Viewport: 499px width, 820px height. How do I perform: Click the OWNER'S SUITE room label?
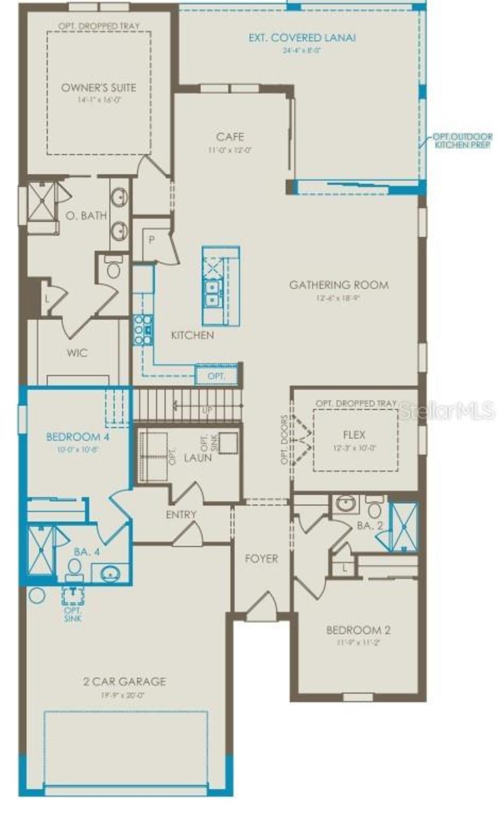pos(99,88)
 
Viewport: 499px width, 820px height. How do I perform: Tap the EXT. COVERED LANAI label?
pos(302,38)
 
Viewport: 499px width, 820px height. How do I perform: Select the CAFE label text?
pos(230,137)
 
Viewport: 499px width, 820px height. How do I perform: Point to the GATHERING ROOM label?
pos(339,285)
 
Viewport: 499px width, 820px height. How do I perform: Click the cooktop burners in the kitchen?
pos(142,330)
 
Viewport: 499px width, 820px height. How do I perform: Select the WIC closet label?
pos(77,353)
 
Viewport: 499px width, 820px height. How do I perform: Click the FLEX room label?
pos(354,435)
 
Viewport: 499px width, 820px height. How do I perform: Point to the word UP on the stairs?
pos(207,410)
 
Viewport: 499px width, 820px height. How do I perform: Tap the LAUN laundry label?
pos(198,458)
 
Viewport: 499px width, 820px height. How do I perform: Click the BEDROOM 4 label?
pos(78,437)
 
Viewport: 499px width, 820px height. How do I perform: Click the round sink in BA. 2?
pos(345,504)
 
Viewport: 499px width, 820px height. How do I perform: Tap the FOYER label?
pos(261,559)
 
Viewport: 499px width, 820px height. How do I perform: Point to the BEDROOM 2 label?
pos(358,630)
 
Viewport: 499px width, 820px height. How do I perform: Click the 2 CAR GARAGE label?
pos(124,682)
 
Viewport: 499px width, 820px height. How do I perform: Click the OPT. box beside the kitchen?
pos(216,376)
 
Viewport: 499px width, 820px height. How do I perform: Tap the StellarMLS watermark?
pos(447,410)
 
